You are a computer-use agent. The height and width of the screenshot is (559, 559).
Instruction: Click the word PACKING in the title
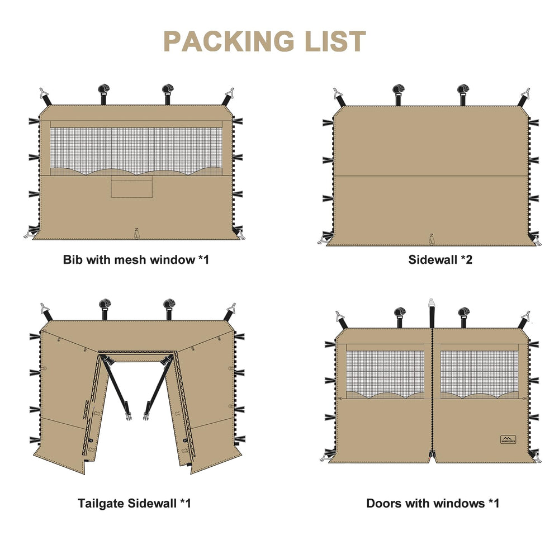[x=229, y=41]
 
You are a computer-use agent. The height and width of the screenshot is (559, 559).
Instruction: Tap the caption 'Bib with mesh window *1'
[x=136, y=259]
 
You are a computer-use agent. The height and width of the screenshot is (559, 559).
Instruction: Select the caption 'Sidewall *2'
[x=440, y=259]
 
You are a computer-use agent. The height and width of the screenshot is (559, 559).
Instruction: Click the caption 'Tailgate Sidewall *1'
[x=134, y=503]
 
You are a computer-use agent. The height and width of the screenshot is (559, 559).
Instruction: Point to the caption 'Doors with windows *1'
[x=433, y=503]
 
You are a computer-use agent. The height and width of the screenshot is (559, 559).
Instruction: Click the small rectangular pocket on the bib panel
[x=131, y=187]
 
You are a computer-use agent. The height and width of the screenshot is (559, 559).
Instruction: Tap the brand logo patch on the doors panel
[x=508, y=439]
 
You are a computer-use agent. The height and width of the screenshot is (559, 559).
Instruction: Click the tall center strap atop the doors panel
[x=432, y=313]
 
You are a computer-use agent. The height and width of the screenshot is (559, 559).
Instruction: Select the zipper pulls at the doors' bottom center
[x=432, y=454]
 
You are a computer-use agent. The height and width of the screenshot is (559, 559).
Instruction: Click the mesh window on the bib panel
[x=136, y=151]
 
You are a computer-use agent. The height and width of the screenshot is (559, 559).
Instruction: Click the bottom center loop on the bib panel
[x=136, y=233]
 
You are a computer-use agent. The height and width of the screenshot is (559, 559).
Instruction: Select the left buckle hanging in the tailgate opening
[x=128, y=416]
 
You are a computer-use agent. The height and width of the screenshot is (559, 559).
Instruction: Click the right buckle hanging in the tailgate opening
[x=146, y=416]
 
